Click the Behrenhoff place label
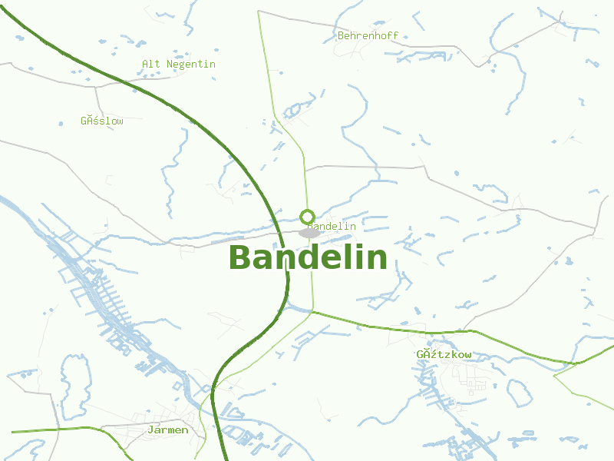[368, 35]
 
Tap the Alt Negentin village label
[179, 64]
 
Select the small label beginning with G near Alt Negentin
[101, 121]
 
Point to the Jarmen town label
[168, 429]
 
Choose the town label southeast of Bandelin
[444, 354]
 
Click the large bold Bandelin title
[308, 257]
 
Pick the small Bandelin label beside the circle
[333, 226]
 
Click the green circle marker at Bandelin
[307, 217]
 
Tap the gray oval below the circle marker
[309, 233]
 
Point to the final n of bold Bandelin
[378, 259]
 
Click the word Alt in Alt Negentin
[150, 64]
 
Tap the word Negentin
[191, 64]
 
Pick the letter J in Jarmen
[151, 429]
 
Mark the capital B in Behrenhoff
[341, 35]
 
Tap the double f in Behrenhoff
[393, 35]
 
